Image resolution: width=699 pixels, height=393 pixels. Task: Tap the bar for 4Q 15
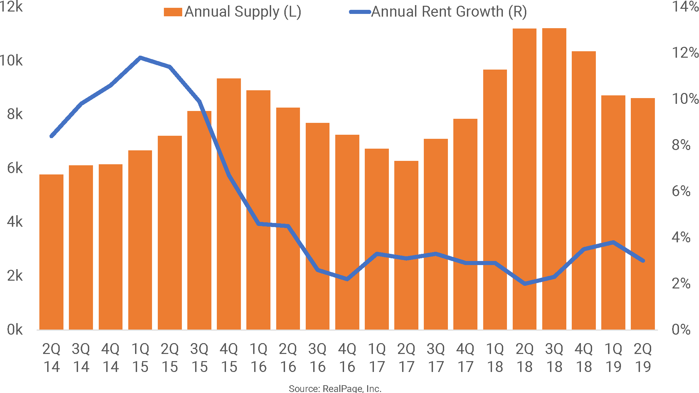click(229, 204)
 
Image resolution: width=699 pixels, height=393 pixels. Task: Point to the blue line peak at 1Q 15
click(140, 58)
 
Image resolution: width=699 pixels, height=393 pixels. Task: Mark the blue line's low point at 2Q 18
click(525, 283)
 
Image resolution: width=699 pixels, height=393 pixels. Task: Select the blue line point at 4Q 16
click(347, 279)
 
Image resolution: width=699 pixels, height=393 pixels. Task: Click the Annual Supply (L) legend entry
click(233, 12)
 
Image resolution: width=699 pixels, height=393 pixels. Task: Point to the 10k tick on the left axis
click(12, 61)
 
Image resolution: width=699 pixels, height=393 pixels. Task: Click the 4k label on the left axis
click(15, 222)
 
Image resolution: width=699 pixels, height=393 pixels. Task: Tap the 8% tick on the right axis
click(681, 145)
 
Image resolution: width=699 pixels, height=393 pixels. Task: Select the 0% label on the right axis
click(681, 330)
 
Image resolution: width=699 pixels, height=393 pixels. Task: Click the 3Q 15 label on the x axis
click(199, 358)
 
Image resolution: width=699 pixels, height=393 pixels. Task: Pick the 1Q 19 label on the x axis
click(613, 358)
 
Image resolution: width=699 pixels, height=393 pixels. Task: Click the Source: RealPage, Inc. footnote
click(335, 389)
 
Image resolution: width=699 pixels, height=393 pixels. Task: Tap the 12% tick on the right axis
click(685, 53)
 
